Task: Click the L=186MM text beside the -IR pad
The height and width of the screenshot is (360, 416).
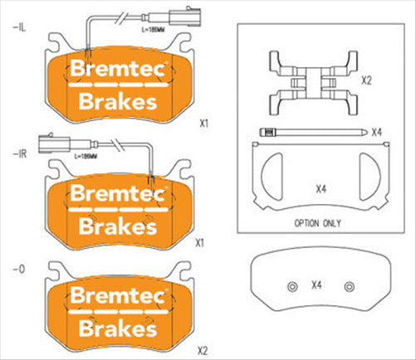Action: coord(86,155)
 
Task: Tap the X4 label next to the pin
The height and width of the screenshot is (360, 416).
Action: coord(376,132)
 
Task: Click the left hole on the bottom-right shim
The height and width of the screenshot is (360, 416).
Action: coord(291,286)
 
